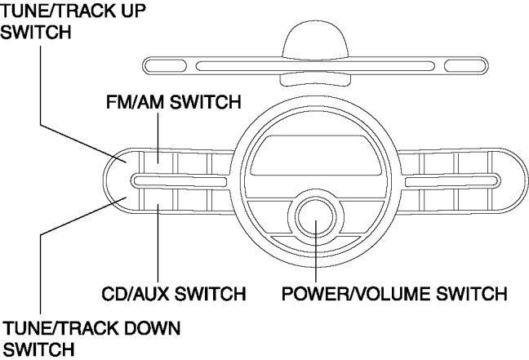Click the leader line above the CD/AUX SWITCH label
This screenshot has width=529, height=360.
tap(158, 245)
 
